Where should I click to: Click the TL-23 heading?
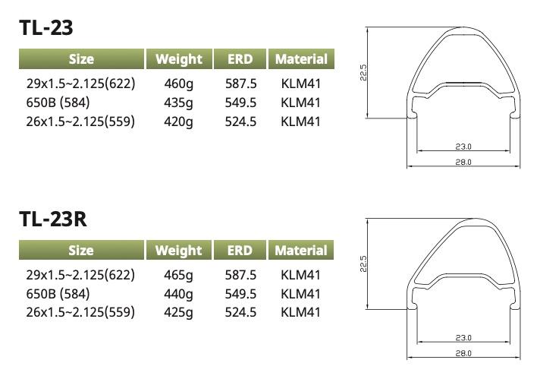[x=46, y=27]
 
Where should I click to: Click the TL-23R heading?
[x=53, y=219]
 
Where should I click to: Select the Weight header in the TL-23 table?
[x=179, y=59]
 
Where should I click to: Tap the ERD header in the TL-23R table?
[x=240, y=251]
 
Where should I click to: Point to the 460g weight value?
[x=179, y=84]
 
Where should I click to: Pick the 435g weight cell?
[x=178, y=103]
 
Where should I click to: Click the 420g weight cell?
[x=178, y=122]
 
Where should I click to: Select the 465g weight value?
[x=178, y=275]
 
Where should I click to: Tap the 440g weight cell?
[x=178, y=294]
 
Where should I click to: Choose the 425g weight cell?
[x=178, y=312]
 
